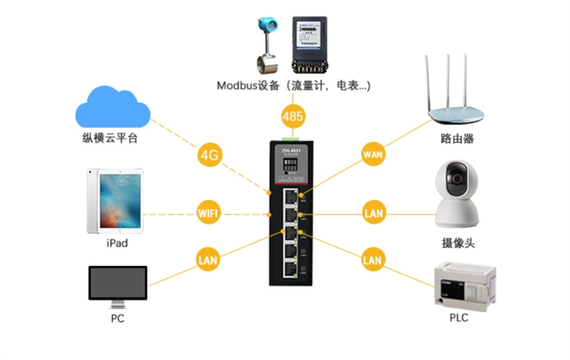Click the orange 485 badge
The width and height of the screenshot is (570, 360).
293,115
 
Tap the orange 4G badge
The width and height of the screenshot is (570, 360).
209,155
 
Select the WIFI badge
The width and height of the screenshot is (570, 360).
208,212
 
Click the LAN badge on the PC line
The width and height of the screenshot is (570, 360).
207,261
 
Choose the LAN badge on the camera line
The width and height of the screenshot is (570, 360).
373,212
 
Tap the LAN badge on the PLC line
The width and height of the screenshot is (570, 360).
373,260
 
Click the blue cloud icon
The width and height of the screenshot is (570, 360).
113,107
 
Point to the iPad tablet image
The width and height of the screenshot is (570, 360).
115,201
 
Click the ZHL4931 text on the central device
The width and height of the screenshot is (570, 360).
291,150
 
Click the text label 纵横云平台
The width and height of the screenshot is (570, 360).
110,138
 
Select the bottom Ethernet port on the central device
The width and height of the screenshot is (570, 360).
291,269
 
